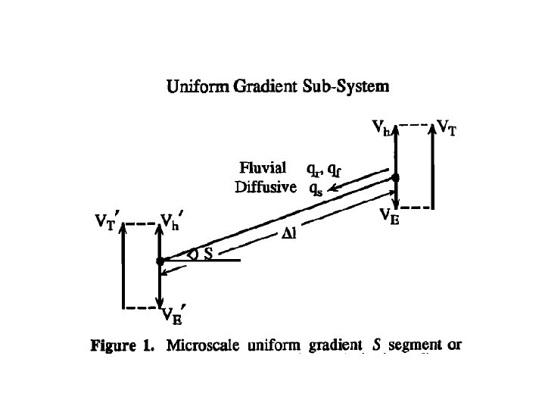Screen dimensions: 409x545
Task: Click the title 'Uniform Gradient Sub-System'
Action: tap(278, 87)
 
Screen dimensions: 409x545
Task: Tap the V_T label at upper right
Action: tap(447, 129)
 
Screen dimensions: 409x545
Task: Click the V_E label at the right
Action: tap(390, 217)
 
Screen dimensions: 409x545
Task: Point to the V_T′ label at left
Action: tap(108, 222)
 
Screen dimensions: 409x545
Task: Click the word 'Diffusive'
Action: tap(266, 186)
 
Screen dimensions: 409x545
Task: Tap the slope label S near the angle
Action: tap(207, 255)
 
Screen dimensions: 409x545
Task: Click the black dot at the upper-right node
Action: tap(395, 177)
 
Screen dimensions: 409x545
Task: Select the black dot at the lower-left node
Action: tap(160, 261)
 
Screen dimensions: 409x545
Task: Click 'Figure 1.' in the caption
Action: tap(122, 347)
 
